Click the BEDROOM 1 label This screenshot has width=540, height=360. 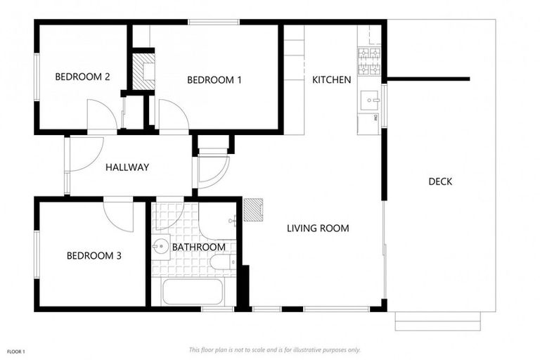pos(214,80)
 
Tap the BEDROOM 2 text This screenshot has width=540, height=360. pos(82,77)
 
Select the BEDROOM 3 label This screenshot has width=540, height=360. pos(94,256)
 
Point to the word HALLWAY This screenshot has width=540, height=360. pos(127,167)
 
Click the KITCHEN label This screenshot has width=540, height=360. pos(331,80)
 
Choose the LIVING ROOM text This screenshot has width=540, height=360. pos(318,229)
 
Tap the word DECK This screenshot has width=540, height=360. pos(440,181)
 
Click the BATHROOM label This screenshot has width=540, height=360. pos(199,247)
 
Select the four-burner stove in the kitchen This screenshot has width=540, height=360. pos(369,62)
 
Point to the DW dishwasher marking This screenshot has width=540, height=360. pos(375,120)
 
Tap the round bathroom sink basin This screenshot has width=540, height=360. pos(161,247)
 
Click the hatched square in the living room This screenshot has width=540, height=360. pos(253,210)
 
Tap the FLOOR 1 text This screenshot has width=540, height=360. pos(16,350)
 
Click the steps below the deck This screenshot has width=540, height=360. pos(437,321)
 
